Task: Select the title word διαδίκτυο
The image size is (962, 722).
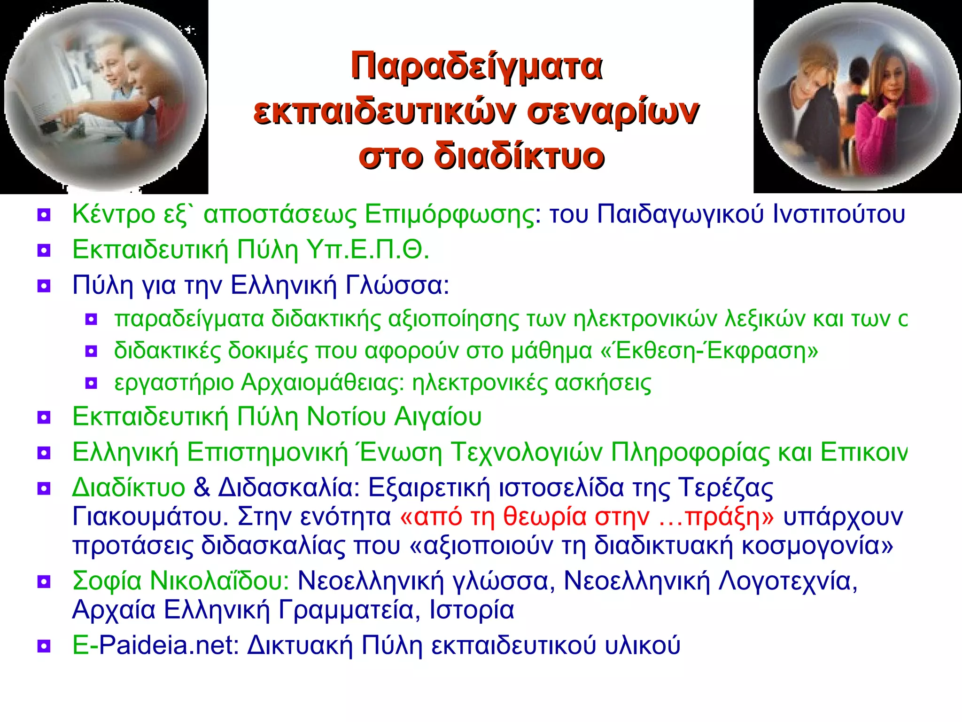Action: click(x=519, y=157)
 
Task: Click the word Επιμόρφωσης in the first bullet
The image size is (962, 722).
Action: click(x=450, y=214)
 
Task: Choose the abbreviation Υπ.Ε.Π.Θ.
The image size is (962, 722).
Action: click(x=367, y=250)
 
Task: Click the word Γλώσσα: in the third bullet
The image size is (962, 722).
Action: click(x=397, y=285)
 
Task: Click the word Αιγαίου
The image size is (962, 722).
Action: click(x=438, y=416)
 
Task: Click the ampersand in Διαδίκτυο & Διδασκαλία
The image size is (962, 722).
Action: click(x=202, y=487)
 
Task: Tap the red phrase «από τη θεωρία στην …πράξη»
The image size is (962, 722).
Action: click(x=587, y=517)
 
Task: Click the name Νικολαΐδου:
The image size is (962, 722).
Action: click(x=219, y=581)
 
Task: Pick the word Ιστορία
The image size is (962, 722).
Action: click(x=472, y=610)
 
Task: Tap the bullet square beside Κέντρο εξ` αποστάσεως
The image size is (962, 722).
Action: click(x=44, y=216)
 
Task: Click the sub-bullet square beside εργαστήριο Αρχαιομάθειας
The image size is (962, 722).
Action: click(x=91, y=384)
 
